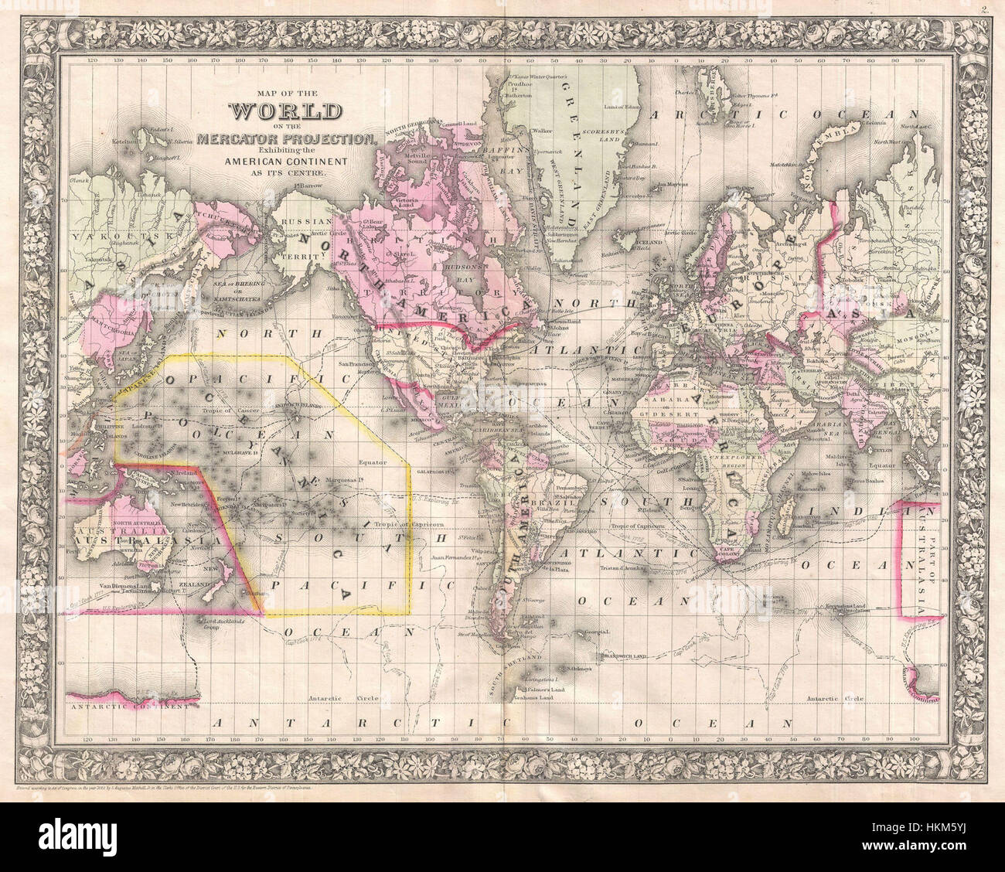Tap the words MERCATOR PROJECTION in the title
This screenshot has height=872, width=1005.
coord(285,138)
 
